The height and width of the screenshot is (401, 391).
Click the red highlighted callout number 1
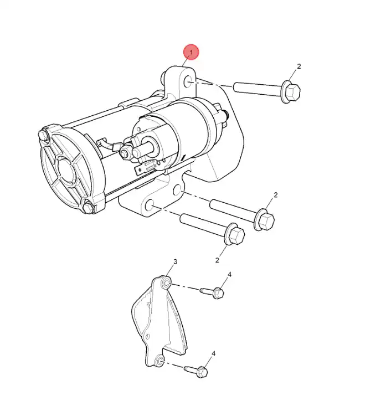(x=191, y=52)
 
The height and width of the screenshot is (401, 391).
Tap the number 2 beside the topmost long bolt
(x=299, y=66)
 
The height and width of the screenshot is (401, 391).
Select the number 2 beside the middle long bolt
(x=275, y=195)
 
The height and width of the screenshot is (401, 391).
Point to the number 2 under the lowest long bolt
(x=217, y=260)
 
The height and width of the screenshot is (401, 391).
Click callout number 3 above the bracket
(x=175, y=261)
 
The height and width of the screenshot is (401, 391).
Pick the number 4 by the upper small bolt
(x=229, y=274)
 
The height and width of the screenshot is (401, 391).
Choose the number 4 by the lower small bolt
(x=214, y=353)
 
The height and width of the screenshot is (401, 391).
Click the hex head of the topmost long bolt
(x=292, y=92)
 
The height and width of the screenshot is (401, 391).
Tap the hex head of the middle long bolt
(x=266, y=220)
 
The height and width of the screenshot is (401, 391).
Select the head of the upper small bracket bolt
(x=218, y=293)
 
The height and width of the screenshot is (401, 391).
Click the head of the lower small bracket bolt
(x=202, y=372)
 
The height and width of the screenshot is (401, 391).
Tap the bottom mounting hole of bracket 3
(x=160, y=361)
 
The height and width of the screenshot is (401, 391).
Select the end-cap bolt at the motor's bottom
(x=89, y=207)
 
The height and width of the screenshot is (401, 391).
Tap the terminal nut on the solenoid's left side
(x=125, y=153)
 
